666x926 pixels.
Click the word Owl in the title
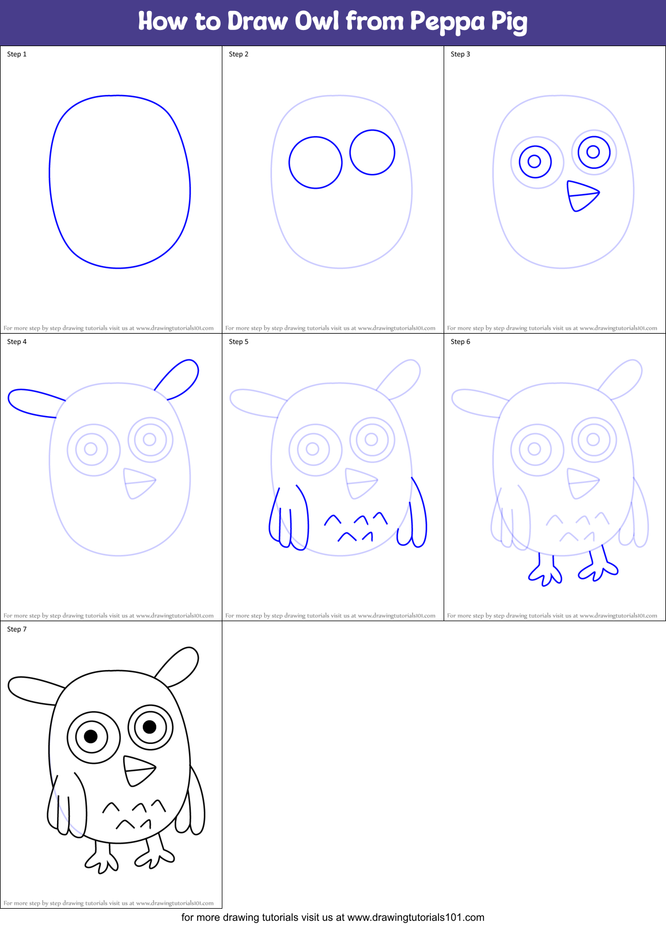317,21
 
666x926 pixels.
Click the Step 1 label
17,54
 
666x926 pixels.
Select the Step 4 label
17,342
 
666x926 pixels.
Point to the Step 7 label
17,629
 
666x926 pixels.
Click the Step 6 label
460,342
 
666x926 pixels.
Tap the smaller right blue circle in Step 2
372,152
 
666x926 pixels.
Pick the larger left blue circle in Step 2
316,162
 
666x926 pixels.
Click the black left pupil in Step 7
91,736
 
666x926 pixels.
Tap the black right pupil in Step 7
150,726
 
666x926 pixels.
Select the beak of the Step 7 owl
138,770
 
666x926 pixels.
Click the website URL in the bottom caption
416,917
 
